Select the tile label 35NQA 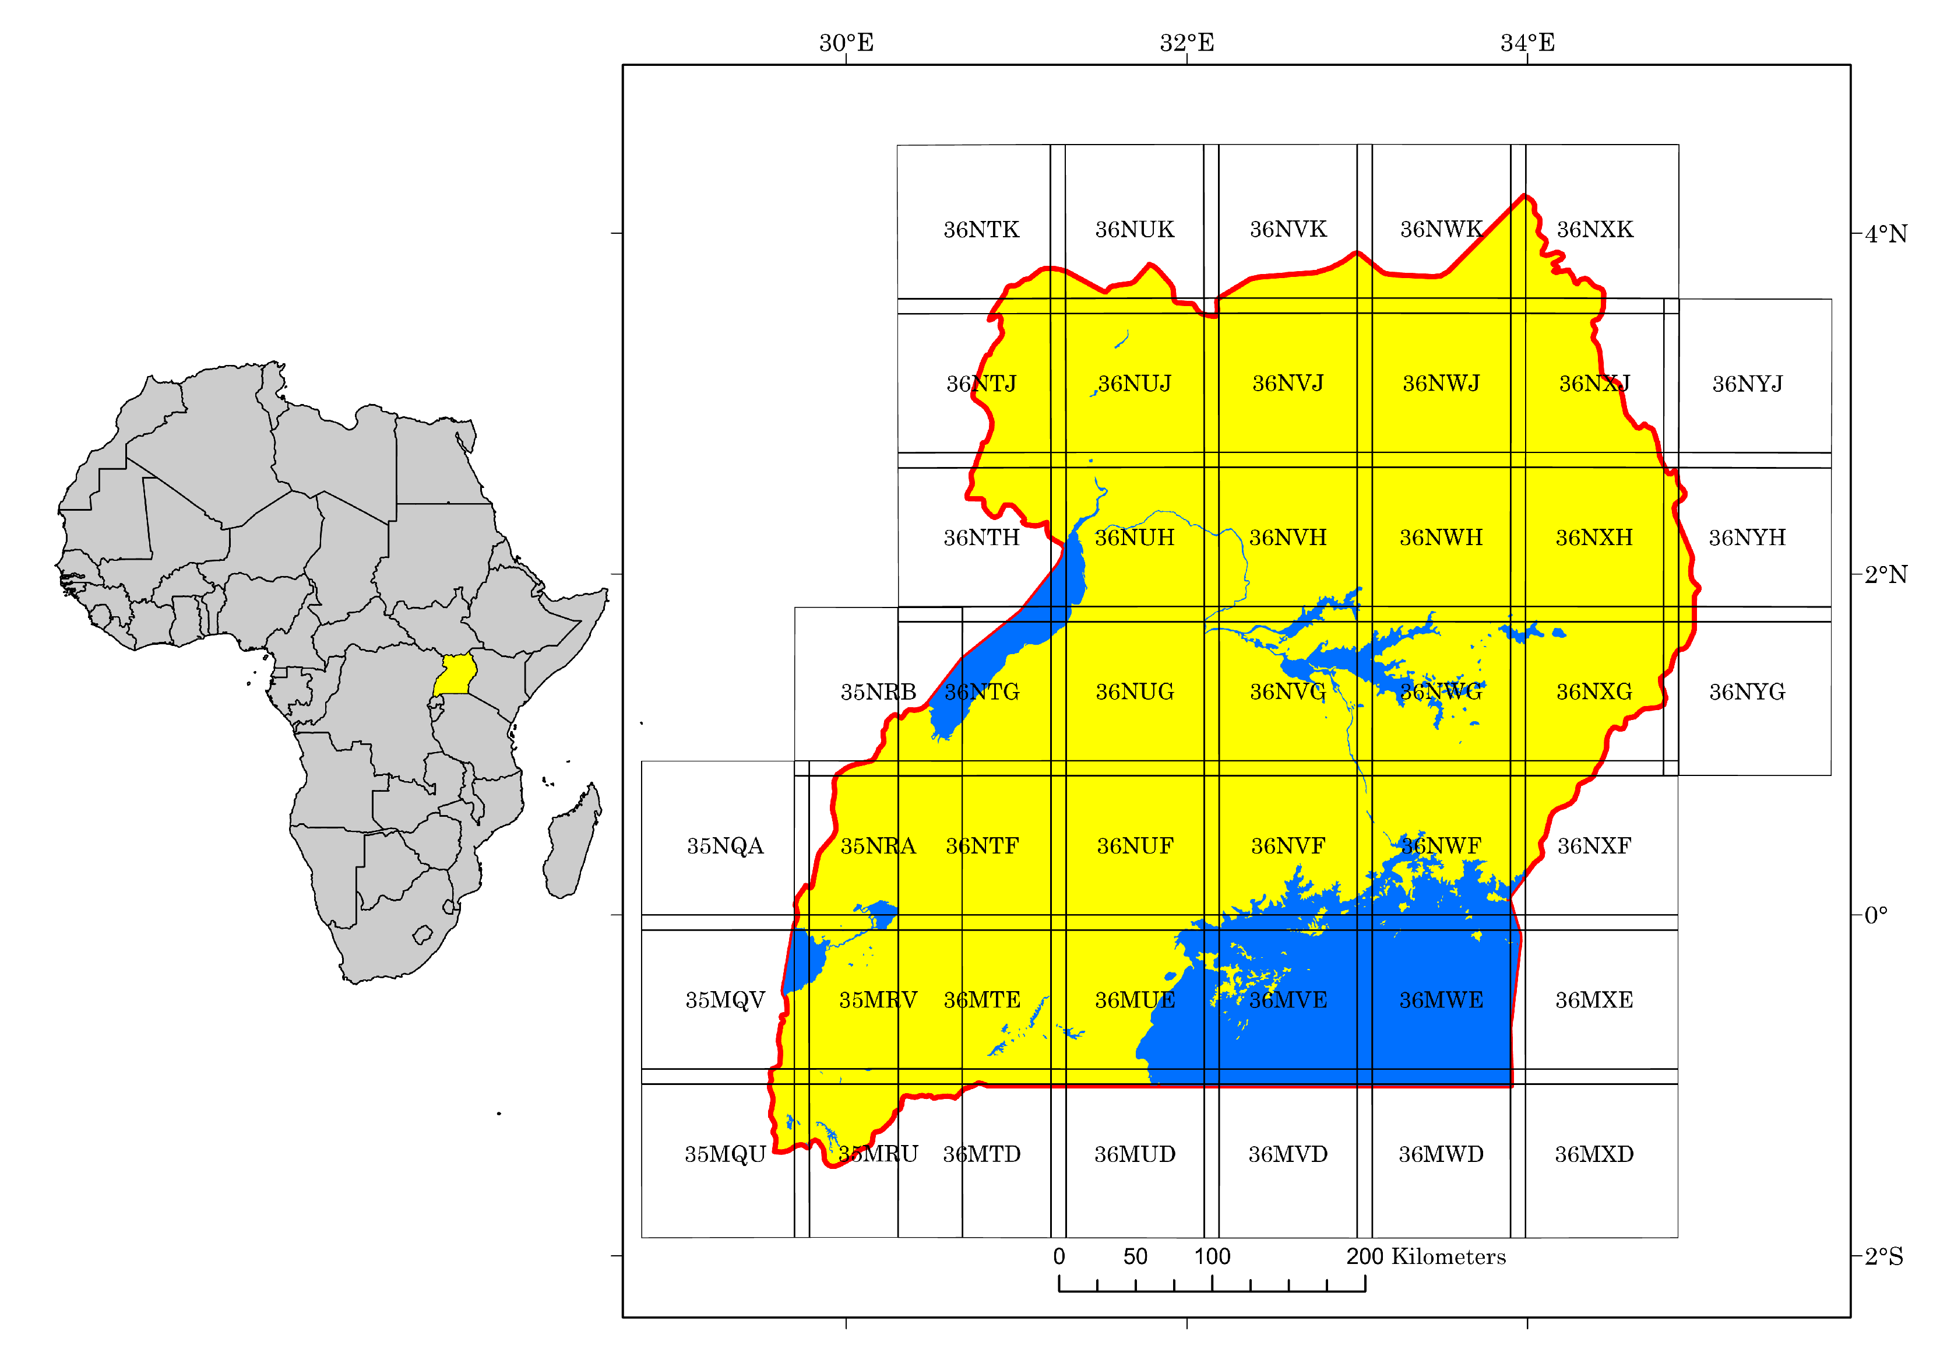pos(725,845)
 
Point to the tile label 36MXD pos(1594,1154)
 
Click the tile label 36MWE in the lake pos(1441,1000)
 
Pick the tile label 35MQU pos(725,1154)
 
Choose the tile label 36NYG pos(1747,691)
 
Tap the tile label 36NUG pos(1134,691)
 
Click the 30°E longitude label pos(846,42)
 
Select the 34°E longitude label pos(1527,42)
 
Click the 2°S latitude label pos(1883,1256)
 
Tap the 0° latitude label pos(1876,915)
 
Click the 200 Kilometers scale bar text pos(1425,1256)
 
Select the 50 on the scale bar pos(1135,1256)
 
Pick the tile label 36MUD pos(1134,1154)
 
